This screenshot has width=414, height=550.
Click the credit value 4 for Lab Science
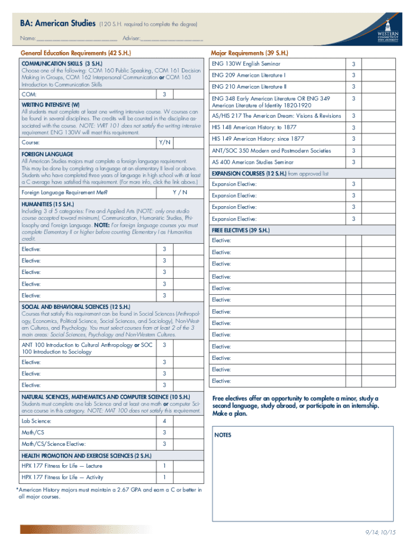tap(164, 421)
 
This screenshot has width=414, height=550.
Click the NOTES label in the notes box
tap(223, 435)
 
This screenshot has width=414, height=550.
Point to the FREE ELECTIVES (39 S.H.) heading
tap(240, 230)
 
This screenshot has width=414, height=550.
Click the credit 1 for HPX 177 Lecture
tap(164, 466)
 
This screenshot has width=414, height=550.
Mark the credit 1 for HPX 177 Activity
tap(164, 477)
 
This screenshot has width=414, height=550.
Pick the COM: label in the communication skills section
tap(29, 95)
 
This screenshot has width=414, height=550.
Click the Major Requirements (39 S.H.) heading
tap(249, 53)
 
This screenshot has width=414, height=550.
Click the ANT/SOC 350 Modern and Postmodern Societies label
tap(271, 151)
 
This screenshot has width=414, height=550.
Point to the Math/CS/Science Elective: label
tap(53, 444)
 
